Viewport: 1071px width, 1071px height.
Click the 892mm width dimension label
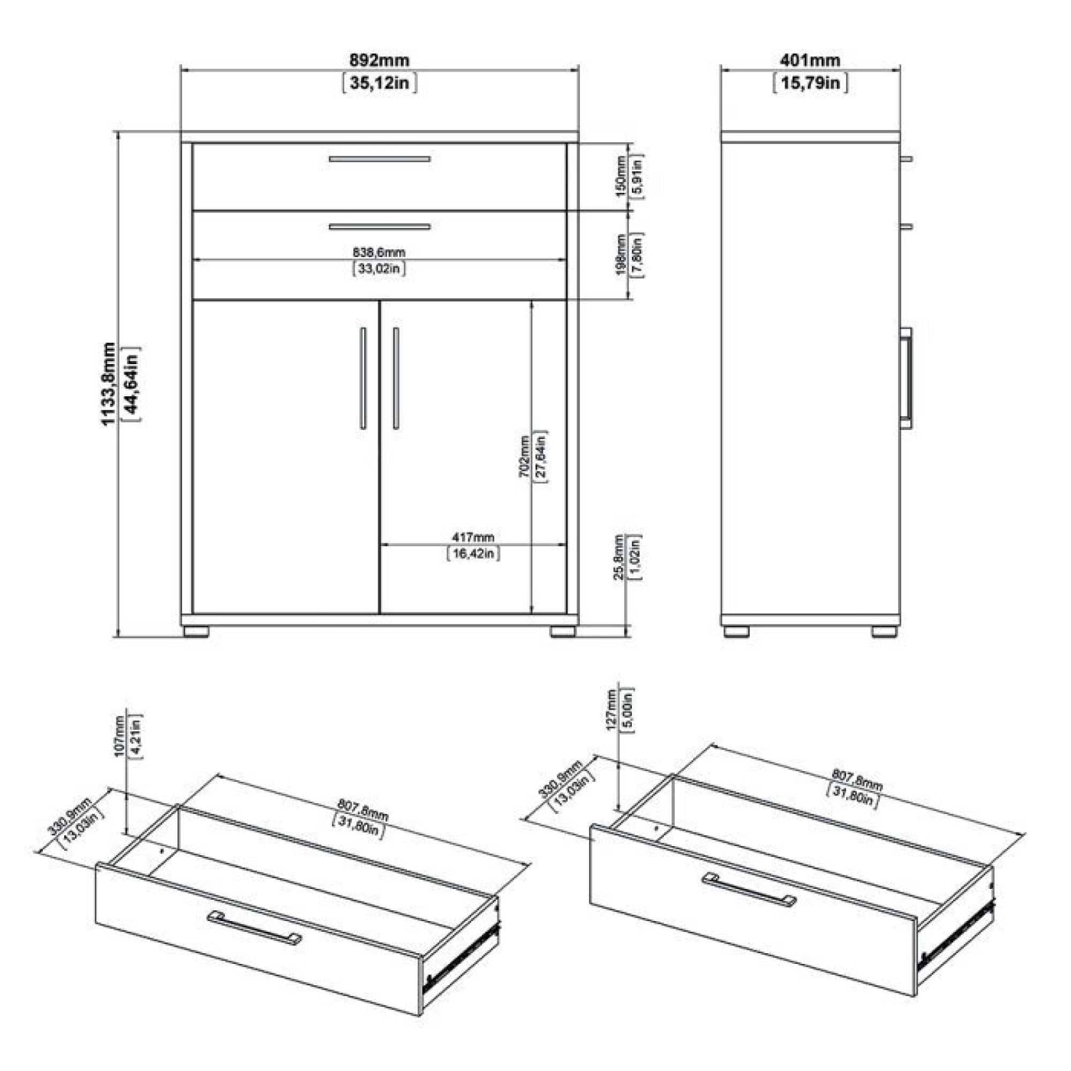[x=379, y=59]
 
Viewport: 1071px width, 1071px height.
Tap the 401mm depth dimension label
[x=810, y=59]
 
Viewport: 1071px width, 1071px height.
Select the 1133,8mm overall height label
[x=109, y=383]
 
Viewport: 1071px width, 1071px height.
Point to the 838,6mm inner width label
[x=379, y=252]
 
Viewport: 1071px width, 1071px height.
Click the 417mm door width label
[x=473, y=537]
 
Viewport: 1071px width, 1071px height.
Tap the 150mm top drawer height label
[x=621, y=176]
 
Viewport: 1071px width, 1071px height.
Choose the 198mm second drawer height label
[x=621, y=254]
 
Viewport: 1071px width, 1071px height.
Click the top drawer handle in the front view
[x=379, y=159]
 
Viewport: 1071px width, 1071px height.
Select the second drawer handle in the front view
[x=379, y=227]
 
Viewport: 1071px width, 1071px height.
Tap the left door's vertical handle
[x=363, y=378]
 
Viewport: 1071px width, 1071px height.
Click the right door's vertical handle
[x=396, y=378]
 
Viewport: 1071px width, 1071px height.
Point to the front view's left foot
[x=195, y=632]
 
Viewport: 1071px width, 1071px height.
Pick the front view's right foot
[x=563, y=632]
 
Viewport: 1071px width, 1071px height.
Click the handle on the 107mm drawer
[x=254, y=927]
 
